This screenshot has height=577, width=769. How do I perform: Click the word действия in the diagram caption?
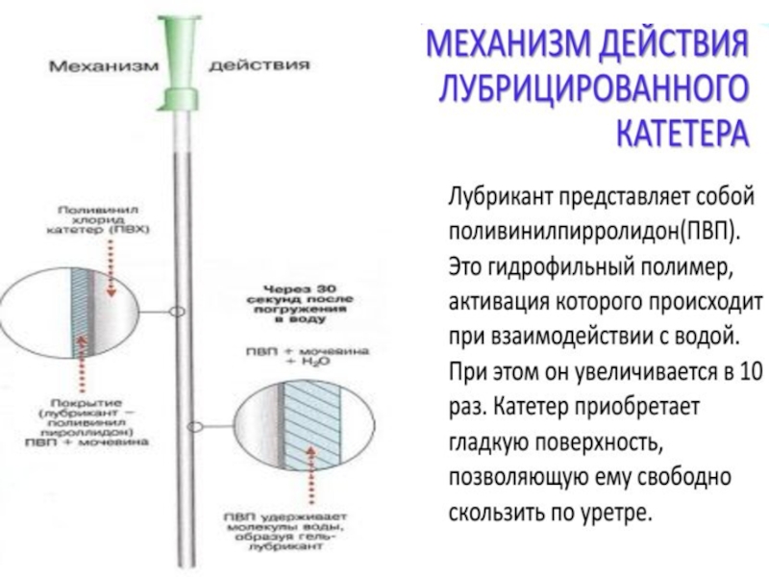[260, 66]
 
